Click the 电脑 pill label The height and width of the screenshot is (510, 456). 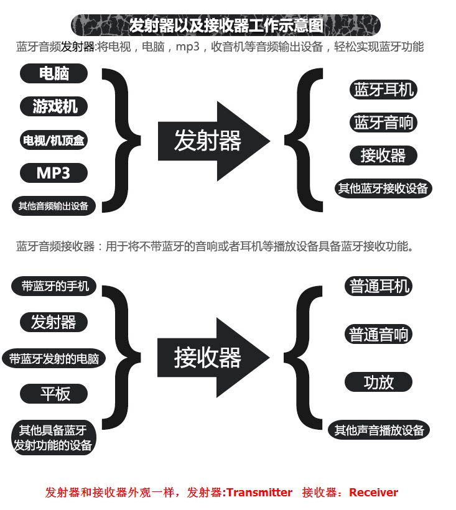coord(54,73)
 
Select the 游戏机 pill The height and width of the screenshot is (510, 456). coord(54,106)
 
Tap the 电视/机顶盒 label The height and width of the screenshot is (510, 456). coord(54,141)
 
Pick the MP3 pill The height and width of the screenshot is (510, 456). coord(54,173)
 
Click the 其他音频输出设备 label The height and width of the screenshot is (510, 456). coord(54,206)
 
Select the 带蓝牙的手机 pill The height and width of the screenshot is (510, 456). coord(55,286)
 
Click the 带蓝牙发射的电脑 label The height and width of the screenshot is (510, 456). coord(54,359)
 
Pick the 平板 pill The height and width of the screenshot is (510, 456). coord(55,394)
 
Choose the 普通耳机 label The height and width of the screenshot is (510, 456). coord(379,287)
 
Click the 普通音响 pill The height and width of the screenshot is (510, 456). coord(379,335)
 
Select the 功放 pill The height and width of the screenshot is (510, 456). coord(379,382)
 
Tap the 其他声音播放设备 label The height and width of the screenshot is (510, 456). coord(379,430)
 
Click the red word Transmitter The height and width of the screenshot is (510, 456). coord(259,493)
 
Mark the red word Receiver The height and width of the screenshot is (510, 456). coord(373,493)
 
